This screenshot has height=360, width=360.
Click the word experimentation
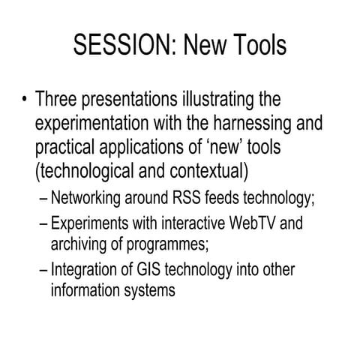point(97,123)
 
